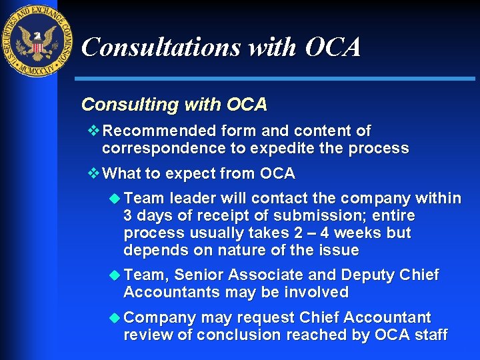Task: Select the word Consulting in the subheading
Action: click(x=118, y=105)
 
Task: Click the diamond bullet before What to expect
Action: click(x=93, y=173)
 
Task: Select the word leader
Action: click(x=191, y=198)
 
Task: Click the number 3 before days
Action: click(x=128, y=216)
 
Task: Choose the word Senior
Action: click(x=199, y=275)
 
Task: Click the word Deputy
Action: click(x=368, y=275)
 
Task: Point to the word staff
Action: click(x=430, y=335)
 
